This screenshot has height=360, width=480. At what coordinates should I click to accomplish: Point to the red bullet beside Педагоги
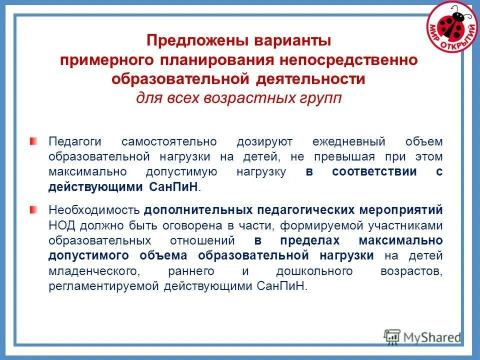pyautogui.click(x=33, y=141)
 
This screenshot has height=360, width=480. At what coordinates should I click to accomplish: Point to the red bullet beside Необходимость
pyautogui.click(x=33, y=209)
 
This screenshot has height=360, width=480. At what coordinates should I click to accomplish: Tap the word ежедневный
pyautogui.click(x=344, y=142)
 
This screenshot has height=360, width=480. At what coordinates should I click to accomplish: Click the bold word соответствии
pyautogui.click(x=374, y=171)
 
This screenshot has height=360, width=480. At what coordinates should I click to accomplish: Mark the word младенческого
pyautogui.click(x=93, y=271)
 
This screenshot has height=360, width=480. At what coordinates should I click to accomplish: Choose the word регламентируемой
pyautogui.click(x=104, y=286)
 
